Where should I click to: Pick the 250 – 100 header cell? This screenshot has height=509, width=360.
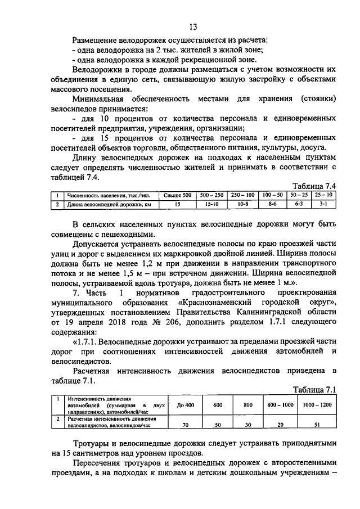[243, 195]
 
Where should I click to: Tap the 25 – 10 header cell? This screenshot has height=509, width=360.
[324, 195]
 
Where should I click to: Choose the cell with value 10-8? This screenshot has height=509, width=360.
[243, 204]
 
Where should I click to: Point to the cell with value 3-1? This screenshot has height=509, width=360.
[324, 204]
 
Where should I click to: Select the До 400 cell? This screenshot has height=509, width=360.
[186, 405]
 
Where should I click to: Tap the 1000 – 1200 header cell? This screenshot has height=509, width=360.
[318, 405]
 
